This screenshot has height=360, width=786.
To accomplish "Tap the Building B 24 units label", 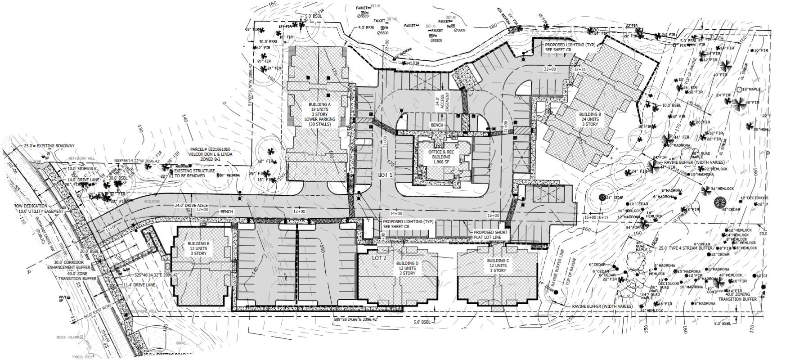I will pos(590,119).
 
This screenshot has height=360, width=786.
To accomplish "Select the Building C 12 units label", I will pos(498,265).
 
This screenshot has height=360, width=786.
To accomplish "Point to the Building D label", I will pos(408,268).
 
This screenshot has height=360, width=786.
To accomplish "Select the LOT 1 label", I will pos(385,175).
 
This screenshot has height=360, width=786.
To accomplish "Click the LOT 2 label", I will pos(379,258).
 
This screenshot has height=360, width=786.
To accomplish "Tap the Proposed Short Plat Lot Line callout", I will pos(490,235).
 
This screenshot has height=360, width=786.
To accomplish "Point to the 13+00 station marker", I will pos(299,211).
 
